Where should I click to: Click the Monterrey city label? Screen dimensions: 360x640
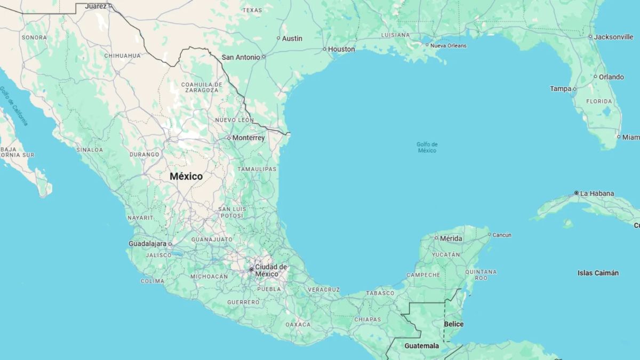point(248,138)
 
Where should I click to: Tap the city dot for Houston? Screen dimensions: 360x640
point(324,49)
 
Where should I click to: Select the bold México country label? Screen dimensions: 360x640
point(186,177)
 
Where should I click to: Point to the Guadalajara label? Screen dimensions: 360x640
point(148,244)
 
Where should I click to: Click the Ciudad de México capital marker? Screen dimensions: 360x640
point(251,269)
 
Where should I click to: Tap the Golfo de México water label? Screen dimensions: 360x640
point(427,147)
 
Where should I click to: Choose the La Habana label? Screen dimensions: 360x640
point(597,194)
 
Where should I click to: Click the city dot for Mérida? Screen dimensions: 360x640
point(436,238)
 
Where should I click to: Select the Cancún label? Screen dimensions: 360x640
point(502,235)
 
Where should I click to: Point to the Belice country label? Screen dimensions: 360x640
point(453,324)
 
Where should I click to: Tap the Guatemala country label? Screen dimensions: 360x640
point(421,346)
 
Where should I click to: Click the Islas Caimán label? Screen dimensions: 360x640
point(598,273)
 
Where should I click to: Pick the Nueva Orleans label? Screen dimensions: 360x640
point(449,46)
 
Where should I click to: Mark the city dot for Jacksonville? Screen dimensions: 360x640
point(590,37)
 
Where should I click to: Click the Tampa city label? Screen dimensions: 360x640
point(561,89)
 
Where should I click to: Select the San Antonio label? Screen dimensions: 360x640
point(241,57)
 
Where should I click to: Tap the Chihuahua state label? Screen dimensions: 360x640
point(123,55)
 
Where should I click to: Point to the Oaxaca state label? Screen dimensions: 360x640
point(298,324)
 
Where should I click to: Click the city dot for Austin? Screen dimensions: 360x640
point(278,38)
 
